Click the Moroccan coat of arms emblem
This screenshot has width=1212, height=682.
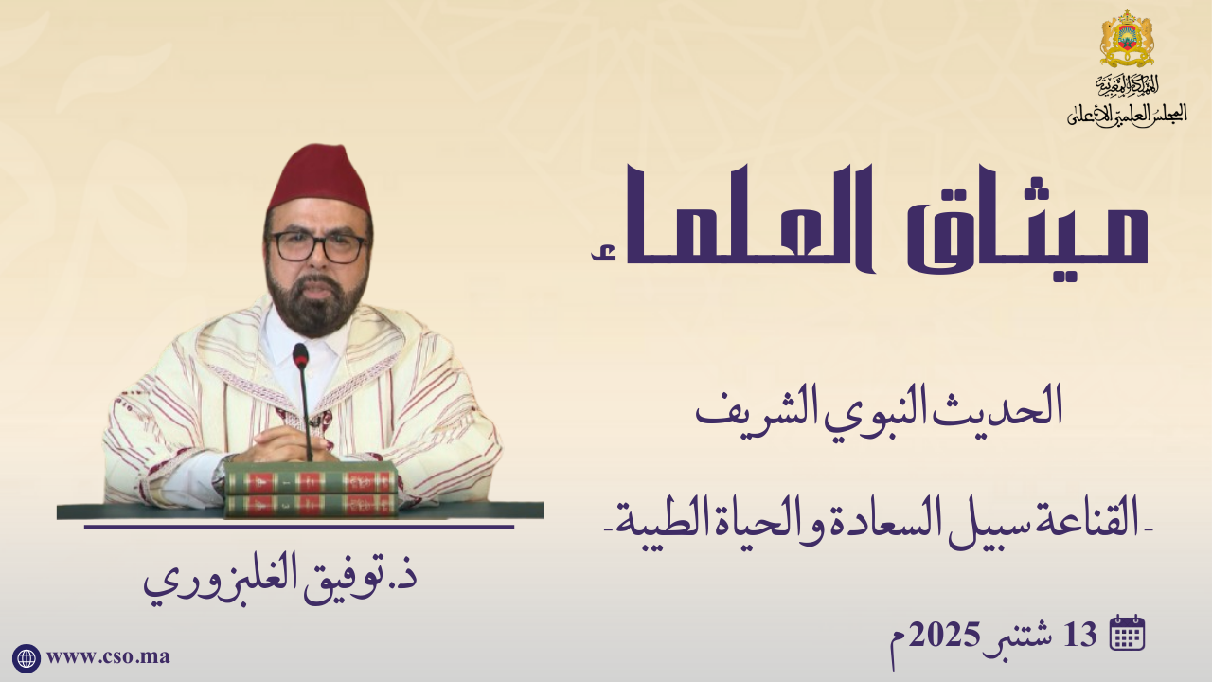(1127, 38)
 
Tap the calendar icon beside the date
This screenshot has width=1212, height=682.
(1127, 632)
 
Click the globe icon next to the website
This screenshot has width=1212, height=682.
(26, 658)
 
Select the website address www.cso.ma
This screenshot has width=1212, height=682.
(108, 656)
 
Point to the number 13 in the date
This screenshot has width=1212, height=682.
(1080, 635)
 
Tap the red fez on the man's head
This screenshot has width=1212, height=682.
(319, 179)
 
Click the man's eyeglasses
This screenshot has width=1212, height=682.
(318, 247)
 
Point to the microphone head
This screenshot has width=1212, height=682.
(300, 355)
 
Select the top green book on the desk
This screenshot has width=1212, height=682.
(312, 478)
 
